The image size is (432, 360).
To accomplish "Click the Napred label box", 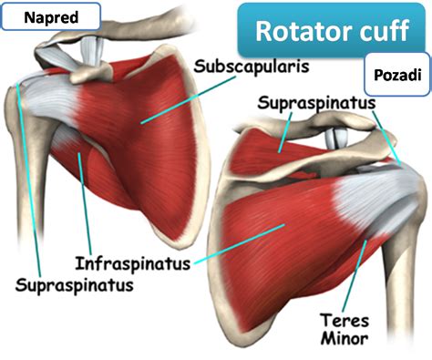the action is click(x=51, y=16).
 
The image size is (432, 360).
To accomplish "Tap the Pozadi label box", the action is click(x=397, y=75).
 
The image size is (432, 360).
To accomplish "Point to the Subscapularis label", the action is click(x=252, y=66).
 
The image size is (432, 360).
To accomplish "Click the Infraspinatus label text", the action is click(x=133, y=263).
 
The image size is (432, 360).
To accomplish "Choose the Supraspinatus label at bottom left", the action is click(x=75, y=285).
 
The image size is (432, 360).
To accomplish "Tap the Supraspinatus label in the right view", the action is click(x=316, y=103).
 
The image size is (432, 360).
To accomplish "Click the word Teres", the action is click(x=345, y=320).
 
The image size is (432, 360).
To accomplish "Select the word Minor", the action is click(x=345, y=338).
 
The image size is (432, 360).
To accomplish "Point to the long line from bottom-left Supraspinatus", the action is click(x=28, y=180).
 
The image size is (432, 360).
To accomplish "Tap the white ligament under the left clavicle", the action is click(x=91, y=50).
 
